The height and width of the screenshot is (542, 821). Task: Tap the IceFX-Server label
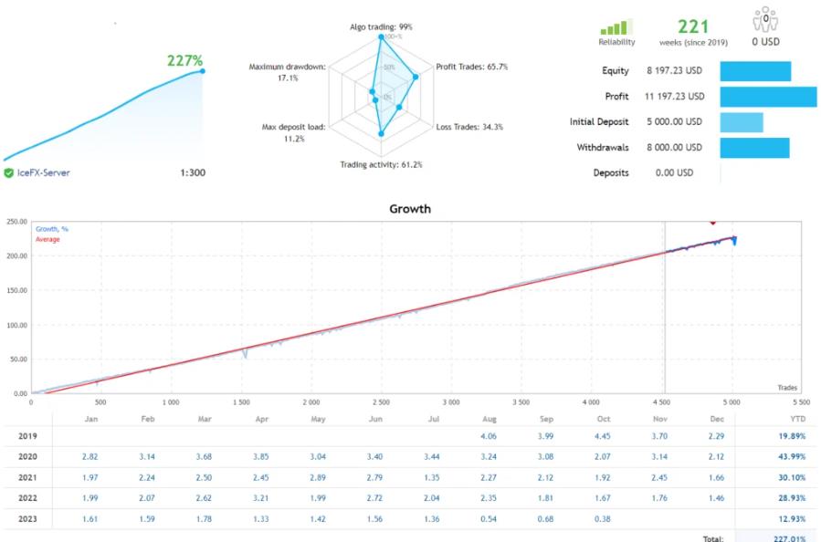(x=43, y=172)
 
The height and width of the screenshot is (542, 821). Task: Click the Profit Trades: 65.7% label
(x=471, y=67)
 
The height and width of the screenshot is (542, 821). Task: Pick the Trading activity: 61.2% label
(x=381, y=165)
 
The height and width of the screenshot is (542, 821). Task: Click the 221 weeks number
(x=693, y=26)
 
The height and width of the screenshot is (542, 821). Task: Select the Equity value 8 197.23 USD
(x=675, y=71)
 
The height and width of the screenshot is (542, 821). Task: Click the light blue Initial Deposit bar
(x=741, y=122)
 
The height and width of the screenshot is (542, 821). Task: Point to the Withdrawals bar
(x=754, y=148)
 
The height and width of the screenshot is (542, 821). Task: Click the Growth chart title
(x=409, y=209)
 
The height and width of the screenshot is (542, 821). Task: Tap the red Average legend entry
(x=48, y=239)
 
